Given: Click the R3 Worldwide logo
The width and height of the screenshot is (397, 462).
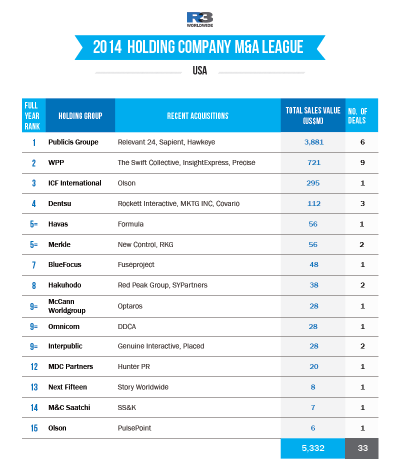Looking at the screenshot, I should coord(199,19).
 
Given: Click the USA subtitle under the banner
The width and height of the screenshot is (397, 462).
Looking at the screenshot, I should coord(199,71).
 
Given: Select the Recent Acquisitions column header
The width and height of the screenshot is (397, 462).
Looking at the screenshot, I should coord(197,116).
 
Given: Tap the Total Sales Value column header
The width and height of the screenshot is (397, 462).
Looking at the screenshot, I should coord(313,115).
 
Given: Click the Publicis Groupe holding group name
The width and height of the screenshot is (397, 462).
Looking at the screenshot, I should coord(73,142).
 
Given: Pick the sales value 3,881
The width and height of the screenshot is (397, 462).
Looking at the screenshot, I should coord(314,142).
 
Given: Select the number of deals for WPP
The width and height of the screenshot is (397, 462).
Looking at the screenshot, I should coord(362,162).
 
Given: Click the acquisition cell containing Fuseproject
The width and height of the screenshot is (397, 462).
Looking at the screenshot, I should coord(136,264).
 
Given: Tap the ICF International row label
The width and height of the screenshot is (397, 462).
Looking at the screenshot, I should coord(75,183).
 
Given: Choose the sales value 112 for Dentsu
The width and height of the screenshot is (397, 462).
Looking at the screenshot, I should coord(314,203).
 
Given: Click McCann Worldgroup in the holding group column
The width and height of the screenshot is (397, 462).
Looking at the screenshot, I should coord(67,306).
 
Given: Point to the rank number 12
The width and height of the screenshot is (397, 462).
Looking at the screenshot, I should coord(34,367).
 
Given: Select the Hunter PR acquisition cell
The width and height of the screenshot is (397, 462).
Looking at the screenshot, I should coord(133,367).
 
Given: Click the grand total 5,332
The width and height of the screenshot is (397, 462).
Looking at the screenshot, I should coord(313,448).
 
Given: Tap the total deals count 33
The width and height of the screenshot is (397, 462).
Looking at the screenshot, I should coord(362,448).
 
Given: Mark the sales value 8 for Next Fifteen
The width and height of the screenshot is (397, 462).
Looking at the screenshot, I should coord(313,387).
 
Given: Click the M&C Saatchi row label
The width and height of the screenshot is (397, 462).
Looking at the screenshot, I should coord(69,407).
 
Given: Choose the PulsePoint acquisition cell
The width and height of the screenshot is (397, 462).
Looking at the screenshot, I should coord(134,428).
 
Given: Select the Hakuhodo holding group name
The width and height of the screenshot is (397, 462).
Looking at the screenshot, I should coord(64,285).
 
